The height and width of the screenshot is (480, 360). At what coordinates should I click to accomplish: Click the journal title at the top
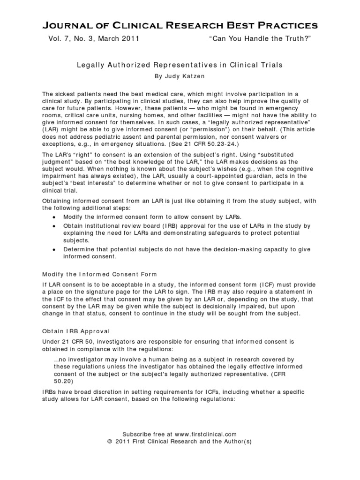click(x=180, y=24)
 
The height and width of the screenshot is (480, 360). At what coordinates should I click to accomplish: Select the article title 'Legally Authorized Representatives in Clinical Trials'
click(x=180, y=65)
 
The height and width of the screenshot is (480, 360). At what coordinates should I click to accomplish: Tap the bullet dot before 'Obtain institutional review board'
click(x=55, y=226)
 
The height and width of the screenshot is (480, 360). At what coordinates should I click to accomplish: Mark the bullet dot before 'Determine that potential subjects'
click(x=55, y=249)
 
